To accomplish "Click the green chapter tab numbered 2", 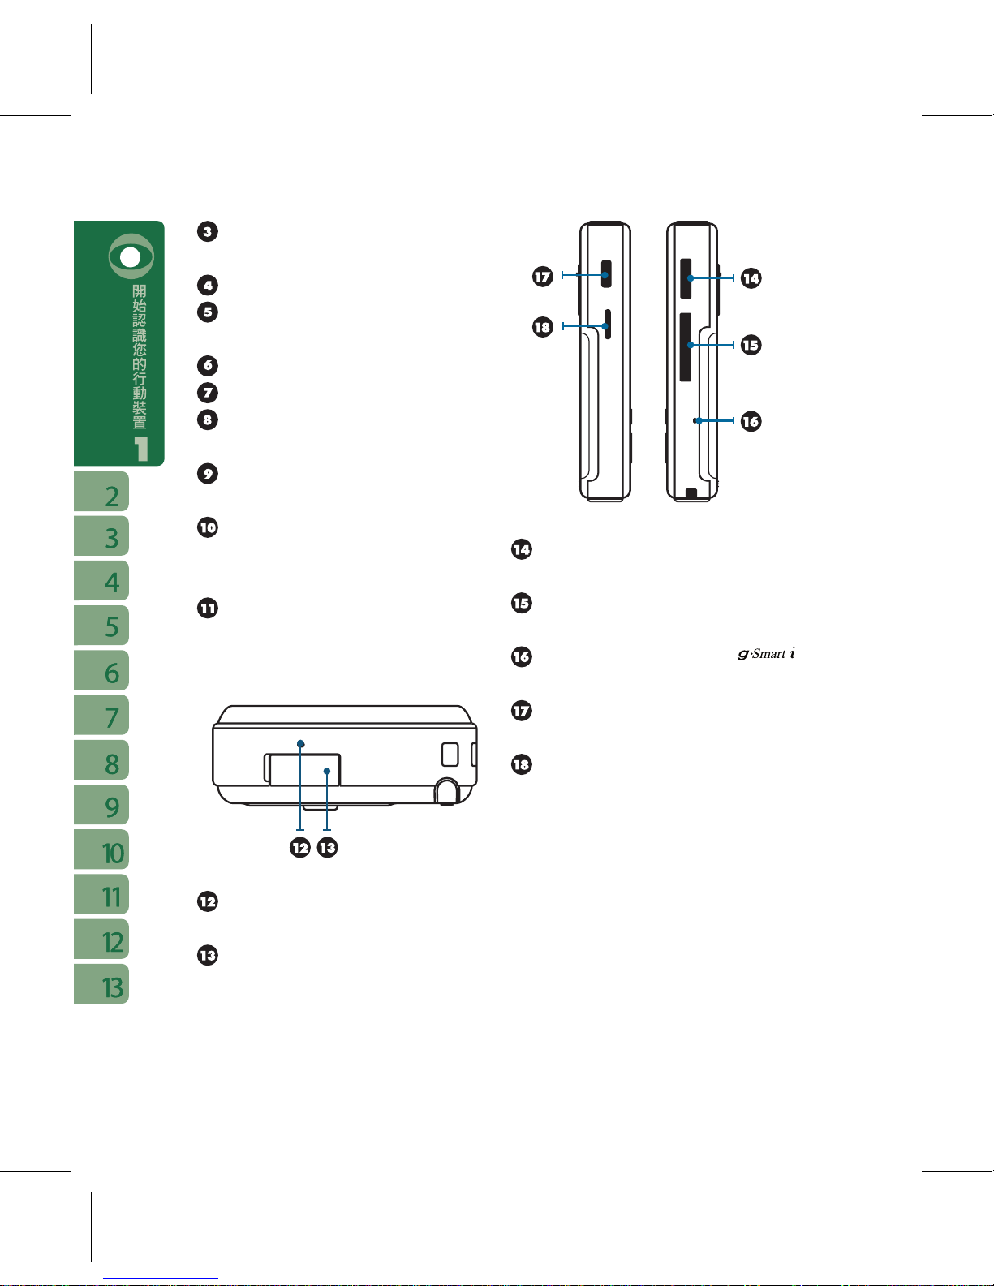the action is click(101, 491).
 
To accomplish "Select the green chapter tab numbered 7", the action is click(101, 715).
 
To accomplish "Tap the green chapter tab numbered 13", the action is click(101, 983).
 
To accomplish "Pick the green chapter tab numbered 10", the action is click(101, 849).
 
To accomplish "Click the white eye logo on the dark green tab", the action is click(131, 256).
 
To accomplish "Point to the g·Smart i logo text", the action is click(766, 653).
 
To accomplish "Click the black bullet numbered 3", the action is click(208, 231).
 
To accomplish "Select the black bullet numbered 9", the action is click(208, 474).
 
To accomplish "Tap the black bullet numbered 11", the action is click(208, 609).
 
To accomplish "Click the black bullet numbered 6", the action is click(208, 365).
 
